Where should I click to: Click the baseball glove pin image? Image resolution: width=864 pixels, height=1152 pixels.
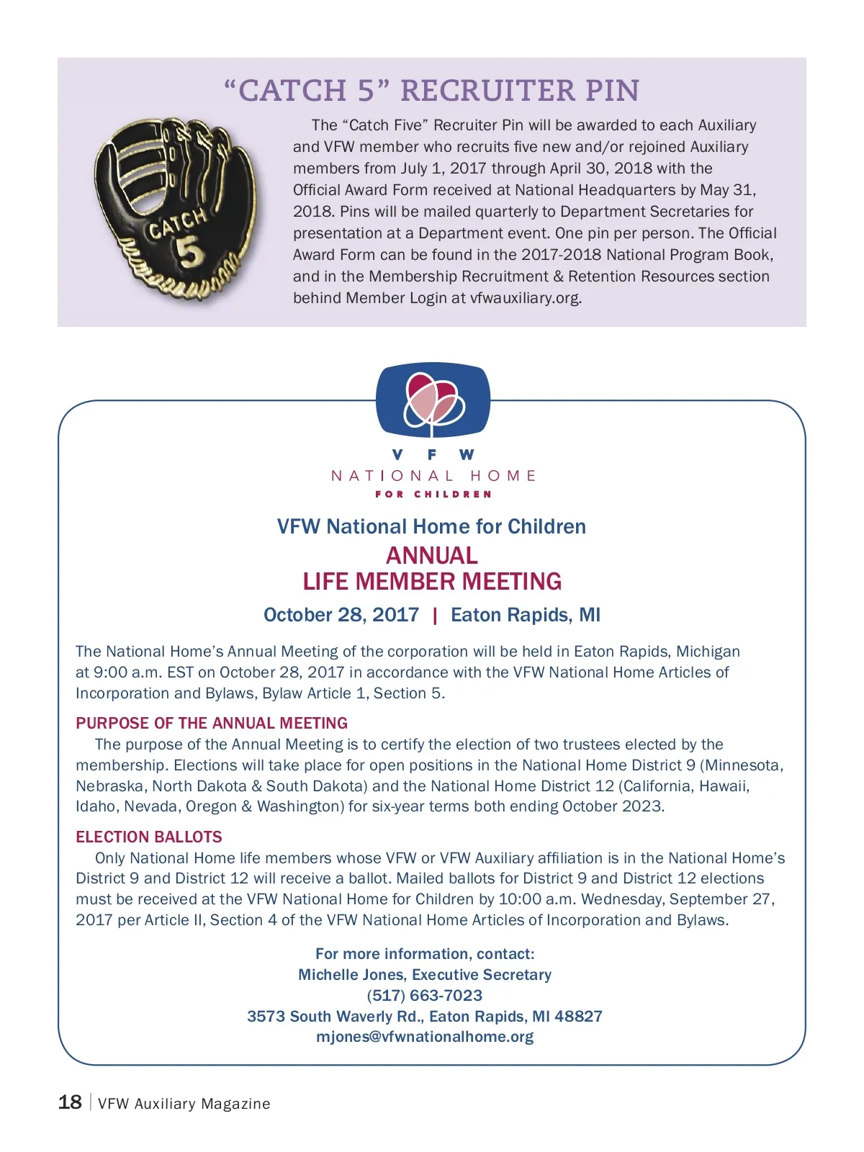pyautogui.click(x=176, y=209)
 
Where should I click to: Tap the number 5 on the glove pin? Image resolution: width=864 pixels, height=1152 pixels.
pyautogui.click(x=189, y=253)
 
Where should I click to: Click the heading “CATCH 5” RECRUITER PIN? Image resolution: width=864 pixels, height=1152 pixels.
pyautogui.click(x=431, y=91)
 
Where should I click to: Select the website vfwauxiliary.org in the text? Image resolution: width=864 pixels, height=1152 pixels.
pyautogui.click(x=525, y=298)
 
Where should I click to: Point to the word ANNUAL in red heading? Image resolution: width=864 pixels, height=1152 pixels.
pyautogui.click(x=431, y=555)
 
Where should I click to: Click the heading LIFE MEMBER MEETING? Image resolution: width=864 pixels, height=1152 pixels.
pyautogui.click(x=431, y=582)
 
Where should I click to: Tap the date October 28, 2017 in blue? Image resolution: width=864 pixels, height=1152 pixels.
pyautogui.click(x=341, y=615)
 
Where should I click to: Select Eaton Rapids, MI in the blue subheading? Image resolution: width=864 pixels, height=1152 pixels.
pyautogui.click(x=525, y=615)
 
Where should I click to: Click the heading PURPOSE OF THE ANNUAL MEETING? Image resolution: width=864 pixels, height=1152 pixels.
pyautogui.click(x=212, y=723)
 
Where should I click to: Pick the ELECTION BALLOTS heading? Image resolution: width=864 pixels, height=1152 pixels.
pyautogui.click(x=149, y=837)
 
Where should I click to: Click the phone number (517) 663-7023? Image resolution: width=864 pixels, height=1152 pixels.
pyautogui.click(x=425, y=995)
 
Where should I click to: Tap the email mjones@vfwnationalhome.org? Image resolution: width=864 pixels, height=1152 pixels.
pyautogui.click(x=425, y=1037)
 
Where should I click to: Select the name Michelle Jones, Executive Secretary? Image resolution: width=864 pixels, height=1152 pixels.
pyautogui.click(x=425, y=974)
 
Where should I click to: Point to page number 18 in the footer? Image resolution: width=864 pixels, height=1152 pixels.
pyautogui.click(x=70, y=1102)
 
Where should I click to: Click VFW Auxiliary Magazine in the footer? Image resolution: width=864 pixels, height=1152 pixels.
pyautogui.click(x=184, y=1104)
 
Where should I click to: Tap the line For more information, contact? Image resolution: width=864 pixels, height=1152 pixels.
pyautogui.click(x=425, y=954)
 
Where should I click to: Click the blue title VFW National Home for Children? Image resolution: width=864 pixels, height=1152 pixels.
pyautogui.click(x=431, y=526)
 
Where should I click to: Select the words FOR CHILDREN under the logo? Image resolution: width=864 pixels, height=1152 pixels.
pyautogui.click(x=433, y=495)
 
